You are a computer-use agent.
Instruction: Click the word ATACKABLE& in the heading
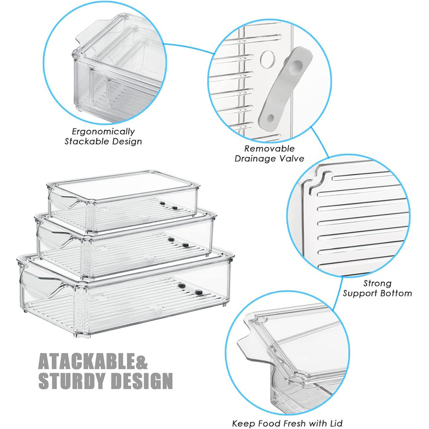pos(93,361)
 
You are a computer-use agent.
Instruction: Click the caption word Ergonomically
pos(103,132)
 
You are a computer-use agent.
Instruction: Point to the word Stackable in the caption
pos(83,141)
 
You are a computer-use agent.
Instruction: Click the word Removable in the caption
pos(269,148)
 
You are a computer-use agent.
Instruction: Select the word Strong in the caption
pos(378,283)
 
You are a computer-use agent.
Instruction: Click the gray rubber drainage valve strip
pos(285,86)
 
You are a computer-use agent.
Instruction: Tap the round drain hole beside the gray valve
pos(268,59)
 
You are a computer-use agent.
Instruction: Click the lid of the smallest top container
pos(123,186)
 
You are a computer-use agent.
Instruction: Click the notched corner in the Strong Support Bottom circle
pos(320,181)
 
